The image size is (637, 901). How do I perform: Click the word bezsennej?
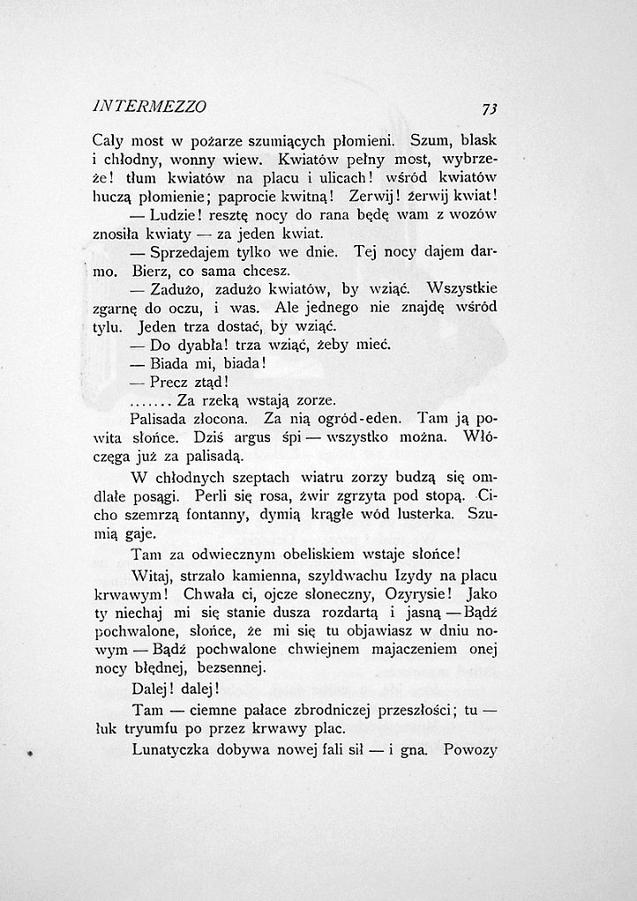pyautogui.click(x=234, y=669)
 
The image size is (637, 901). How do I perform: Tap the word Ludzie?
pyautogui.click(x=174, y=216)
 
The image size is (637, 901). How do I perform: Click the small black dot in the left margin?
pyautogui.click(x=30, y=755)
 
